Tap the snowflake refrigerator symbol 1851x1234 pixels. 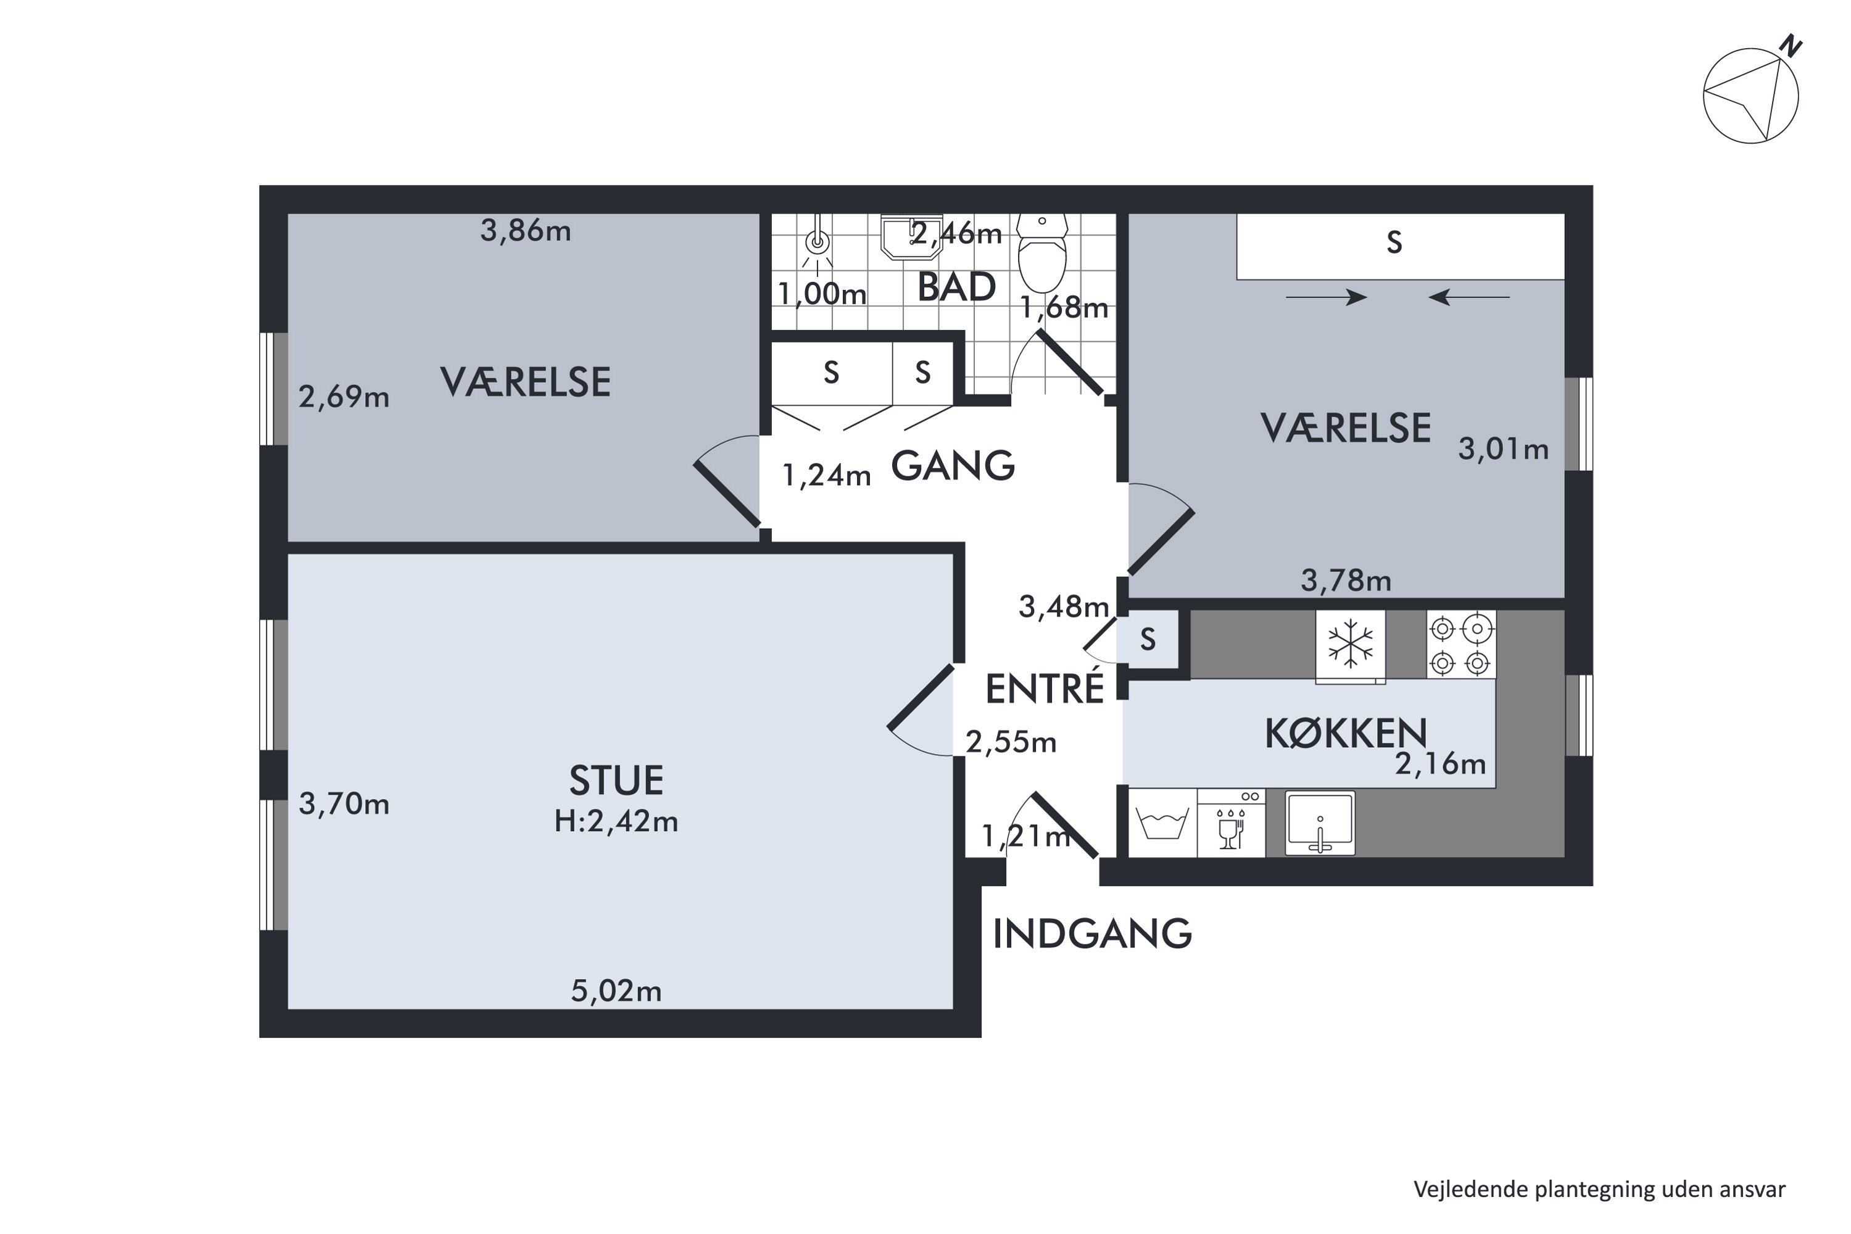click(x=1351, y=646)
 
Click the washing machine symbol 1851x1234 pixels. click(x=1162, y=823)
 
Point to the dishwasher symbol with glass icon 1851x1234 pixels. click(x=1231, y=823)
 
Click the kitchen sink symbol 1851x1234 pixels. click(x=1320, y=823)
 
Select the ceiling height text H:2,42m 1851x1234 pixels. click(x=616, y=822)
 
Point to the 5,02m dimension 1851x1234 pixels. click(x=616, y=991)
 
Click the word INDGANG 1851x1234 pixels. click(x=1092, y=934)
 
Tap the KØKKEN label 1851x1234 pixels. click(x=1346, y=734)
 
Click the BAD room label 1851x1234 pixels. click(x=957, y=288)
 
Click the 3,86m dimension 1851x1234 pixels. click(x=526, y=231)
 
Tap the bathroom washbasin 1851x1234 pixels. click(x=911, y=236)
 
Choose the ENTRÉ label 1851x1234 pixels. click(x=1045, y=689)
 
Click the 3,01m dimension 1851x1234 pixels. click(x=1503, y=449)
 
